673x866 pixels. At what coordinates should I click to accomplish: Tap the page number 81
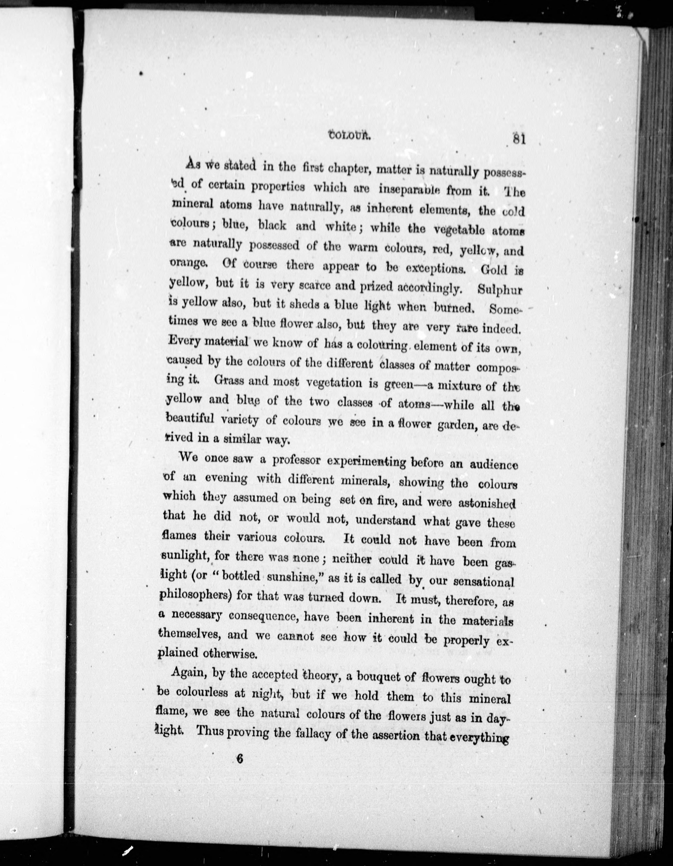[518, 140]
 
